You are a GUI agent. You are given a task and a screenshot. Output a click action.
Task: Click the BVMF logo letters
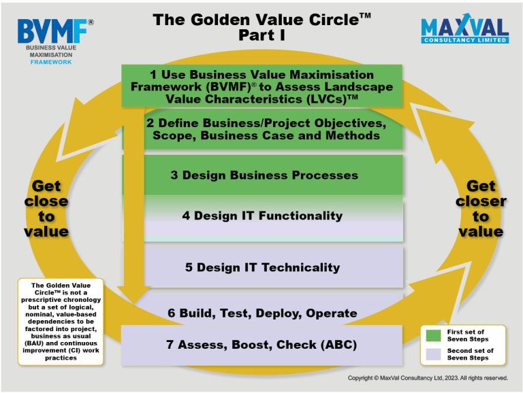pos(52,31)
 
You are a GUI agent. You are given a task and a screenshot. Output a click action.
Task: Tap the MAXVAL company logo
pos(464,29)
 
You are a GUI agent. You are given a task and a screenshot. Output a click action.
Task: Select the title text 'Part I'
pos(261,35)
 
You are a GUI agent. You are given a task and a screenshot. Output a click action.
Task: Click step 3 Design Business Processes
pos(264,175)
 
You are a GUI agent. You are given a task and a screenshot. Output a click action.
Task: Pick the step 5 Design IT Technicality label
pos(262,267)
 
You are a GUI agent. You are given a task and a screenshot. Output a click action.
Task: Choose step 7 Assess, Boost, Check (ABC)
pos(261,344)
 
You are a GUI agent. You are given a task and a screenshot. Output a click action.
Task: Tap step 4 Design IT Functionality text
pos(262,216)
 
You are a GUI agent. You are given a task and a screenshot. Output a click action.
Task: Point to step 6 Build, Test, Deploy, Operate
pos(262,313)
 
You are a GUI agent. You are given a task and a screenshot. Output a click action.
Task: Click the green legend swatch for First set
pos(433,335)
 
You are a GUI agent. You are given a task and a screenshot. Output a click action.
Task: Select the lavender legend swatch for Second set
pos(433,354)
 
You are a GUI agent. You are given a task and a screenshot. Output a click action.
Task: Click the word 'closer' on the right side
pos(481,201)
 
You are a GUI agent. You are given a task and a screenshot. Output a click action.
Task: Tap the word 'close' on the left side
pos(46,201)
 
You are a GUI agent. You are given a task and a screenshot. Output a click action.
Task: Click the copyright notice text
pos(428,378)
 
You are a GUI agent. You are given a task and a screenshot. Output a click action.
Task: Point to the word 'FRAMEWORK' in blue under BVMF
pos(51,62)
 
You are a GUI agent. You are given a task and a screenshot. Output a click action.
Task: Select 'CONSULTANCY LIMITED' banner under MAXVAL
pos(465,40)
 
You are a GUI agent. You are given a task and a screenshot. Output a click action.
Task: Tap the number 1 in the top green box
pos(153,74)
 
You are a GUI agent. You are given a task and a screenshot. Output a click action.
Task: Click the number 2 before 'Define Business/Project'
pos(150,123)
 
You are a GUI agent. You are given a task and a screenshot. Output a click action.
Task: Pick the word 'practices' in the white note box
pos(61,358)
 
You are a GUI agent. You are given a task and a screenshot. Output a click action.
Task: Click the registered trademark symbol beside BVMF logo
pos(91,22)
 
